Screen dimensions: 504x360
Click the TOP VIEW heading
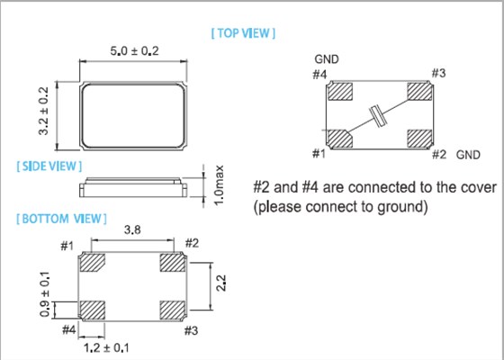[x=243, y=33]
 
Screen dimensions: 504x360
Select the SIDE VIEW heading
[x=49, y=166]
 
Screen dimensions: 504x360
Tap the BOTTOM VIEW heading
[x=61, y=219]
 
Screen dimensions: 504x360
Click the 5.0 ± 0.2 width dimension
[x=134, y=50]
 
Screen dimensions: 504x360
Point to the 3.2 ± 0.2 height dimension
[x=43, y=111]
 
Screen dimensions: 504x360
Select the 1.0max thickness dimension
[x=219, y=185]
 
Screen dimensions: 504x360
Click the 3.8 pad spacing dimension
[x=132, y=229]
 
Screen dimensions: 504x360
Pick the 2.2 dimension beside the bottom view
[x=220, y=283]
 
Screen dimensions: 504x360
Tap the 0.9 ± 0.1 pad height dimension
[x=45, y=294]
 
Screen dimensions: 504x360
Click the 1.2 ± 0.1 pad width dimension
[x=106, y=347]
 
